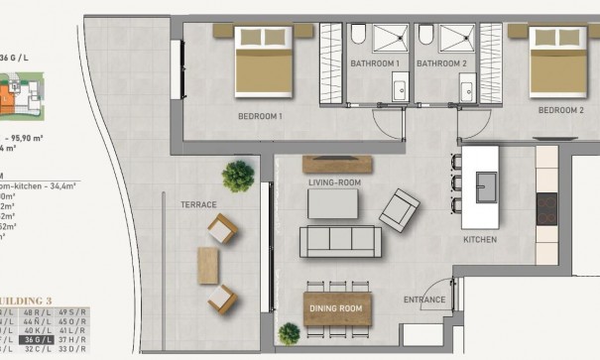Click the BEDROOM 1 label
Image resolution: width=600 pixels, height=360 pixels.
260,116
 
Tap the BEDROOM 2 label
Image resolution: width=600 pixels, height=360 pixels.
560,109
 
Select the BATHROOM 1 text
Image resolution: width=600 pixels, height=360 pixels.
374,63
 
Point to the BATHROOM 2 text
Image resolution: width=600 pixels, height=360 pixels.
441,63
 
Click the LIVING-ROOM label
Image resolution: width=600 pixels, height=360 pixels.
334,182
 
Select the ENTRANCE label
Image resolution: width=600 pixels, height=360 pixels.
423,299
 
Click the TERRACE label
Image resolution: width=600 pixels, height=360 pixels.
198,203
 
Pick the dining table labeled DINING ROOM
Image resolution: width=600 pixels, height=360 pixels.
337,308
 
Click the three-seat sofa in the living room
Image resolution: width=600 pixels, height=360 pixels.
340,241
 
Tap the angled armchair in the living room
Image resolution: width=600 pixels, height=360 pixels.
399,210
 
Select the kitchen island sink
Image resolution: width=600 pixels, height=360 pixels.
486,184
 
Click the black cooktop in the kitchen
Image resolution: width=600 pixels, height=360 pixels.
545,208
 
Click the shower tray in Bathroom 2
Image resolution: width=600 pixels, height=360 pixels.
456,39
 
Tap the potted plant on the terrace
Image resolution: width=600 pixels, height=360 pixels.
238,177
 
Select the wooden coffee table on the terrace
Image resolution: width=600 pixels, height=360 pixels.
208,266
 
